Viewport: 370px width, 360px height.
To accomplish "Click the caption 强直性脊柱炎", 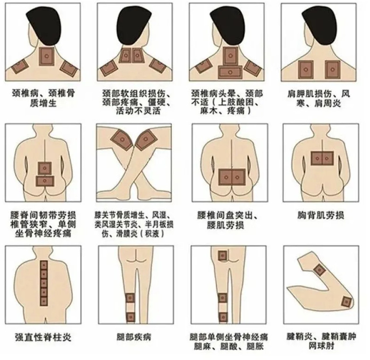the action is (x=43, y=337).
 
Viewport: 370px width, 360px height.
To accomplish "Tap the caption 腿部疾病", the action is (x=134, y=337).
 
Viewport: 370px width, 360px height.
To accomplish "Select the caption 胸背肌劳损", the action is (x=321, y=215).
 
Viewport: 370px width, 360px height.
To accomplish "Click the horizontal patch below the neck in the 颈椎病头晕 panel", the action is (x=230, y=72).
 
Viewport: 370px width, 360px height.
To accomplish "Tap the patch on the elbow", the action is (x=347, y=302).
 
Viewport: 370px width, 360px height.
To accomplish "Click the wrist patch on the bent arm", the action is (x=319, y=270).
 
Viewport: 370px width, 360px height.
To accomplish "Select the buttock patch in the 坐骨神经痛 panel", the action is (x=222, y=256).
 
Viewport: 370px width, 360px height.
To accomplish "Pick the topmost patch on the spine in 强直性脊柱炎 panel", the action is (x=44, y=265).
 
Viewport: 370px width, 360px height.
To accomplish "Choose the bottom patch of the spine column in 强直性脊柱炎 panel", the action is (x=44, y=301).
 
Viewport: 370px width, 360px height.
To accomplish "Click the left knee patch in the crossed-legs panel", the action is (x=122, y=139).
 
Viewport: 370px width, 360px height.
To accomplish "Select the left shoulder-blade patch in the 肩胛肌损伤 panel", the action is (x=306, y=69).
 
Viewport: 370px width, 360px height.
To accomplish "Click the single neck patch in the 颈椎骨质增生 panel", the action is (x=47, y=56).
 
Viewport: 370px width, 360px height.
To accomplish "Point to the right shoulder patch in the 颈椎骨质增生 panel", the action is (x=69, y=68).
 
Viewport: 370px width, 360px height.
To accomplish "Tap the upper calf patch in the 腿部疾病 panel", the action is (x=130, y=298).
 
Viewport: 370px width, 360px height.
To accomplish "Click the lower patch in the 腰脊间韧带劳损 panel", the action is (x=45, y=181).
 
